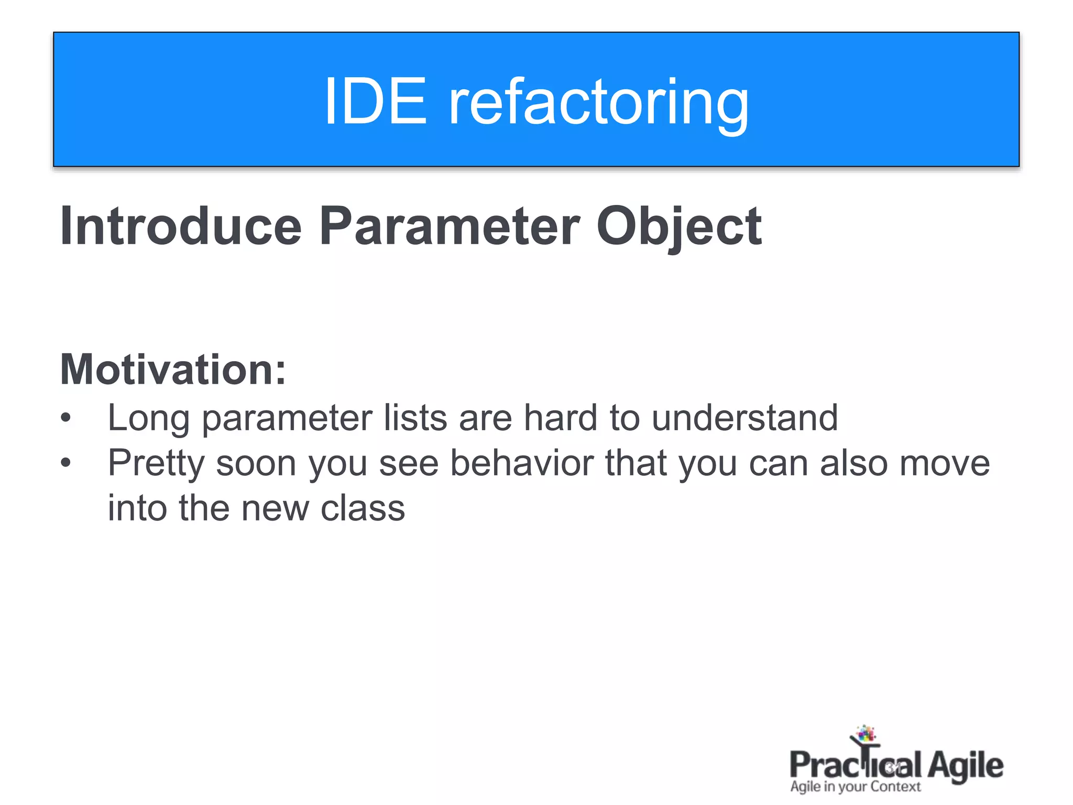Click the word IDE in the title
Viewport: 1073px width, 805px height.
point(375,101)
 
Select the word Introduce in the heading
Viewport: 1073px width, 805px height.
point(181,226)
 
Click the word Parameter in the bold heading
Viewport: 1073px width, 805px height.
point(450,226)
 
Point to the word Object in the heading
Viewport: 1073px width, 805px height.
point(678,226)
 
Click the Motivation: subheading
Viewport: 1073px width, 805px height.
point(173,369)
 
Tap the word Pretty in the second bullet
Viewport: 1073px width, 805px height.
point(156,464)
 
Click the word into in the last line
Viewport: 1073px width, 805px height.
point(137,508)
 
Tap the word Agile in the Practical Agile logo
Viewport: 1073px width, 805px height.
point(965,765)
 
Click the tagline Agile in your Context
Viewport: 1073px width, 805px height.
point(855,787)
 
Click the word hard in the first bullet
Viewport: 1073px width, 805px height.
point(560,418)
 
